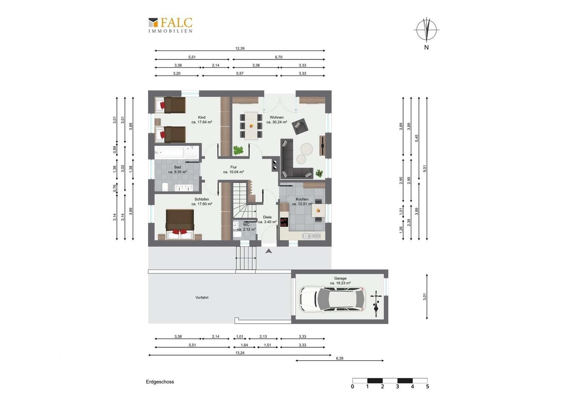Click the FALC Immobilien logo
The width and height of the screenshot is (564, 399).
[x=170, y=25]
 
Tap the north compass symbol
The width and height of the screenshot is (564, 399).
[x=427, y=30]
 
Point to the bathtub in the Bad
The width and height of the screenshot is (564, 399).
[x=169, y=153]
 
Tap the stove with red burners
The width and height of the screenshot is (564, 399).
[x=284, y=222]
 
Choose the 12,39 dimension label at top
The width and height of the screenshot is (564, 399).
[x=240, y=48]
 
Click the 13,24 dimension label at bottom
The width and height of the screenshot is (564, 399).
[x=240, y=353]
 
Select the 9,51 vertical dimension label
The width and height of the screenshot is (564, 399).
[x=425, y=168]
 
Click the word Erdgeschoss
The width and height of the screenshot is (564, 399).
[x=160, y=382]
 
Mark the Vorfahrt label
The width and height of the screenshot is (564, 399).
[x=202, y=297]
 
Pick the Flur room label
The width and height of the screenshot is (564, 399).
[x=233, y=167]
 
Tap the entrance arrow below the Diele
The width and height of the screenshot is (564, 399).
[x=269, y=251]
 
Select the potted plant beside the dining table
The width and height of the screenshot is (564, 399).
[x=238, y=150]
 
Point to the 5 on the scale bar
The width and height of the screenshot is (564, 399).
[x=427, y=387]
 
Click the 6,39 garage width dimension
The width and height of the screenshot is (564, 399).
[x=339, y=358]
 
